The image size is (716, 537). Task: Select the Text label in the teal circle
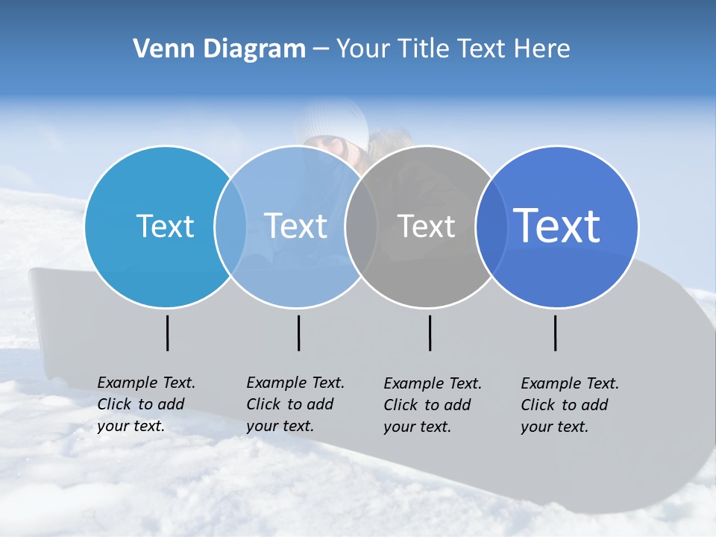pyautogui.click(x=165, y=226)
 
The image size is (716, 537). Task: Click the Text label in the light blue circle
pyautogui.click(x=296, y=226)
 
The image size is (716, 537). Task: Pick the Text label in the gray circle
pyautogui.click(x=426, y=226)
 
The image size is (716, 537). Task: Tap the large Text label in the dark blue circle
pyautogui.click(x=557, y=226)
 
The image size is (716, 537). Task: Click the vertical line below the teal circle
pyautogui.click(x=168, y=333)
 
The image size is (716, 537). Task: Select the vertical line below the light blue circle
pyautogui.click(x=299, y=333)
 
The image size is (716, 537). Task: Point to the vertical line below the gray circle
pyautogui.click(x=430, y=333)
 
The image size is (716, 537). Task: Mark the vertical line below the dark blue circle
pyautogui.click(x=556, y=333)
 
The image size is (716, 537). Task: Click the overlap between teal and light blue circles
pyautogui.click(x=230, y=227)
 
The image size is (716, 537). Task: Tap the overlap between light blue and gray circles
pyautogui.click(x=361, y=227)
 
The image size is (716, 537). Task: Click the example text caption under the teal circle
pyautogui.click(x=145, y=404)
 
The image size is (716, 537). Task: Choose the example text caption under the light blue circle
pyautogui.click(x=295, y=404)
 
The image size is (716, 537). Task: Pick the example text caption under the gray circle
pyautogui.click(x=432, y=405)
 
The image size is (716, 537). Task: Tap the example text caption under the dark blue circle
pyautogui.click(x=569, y=405)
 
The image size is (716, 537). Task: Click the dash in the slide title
pyautogui.click(x=321, y=50)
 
